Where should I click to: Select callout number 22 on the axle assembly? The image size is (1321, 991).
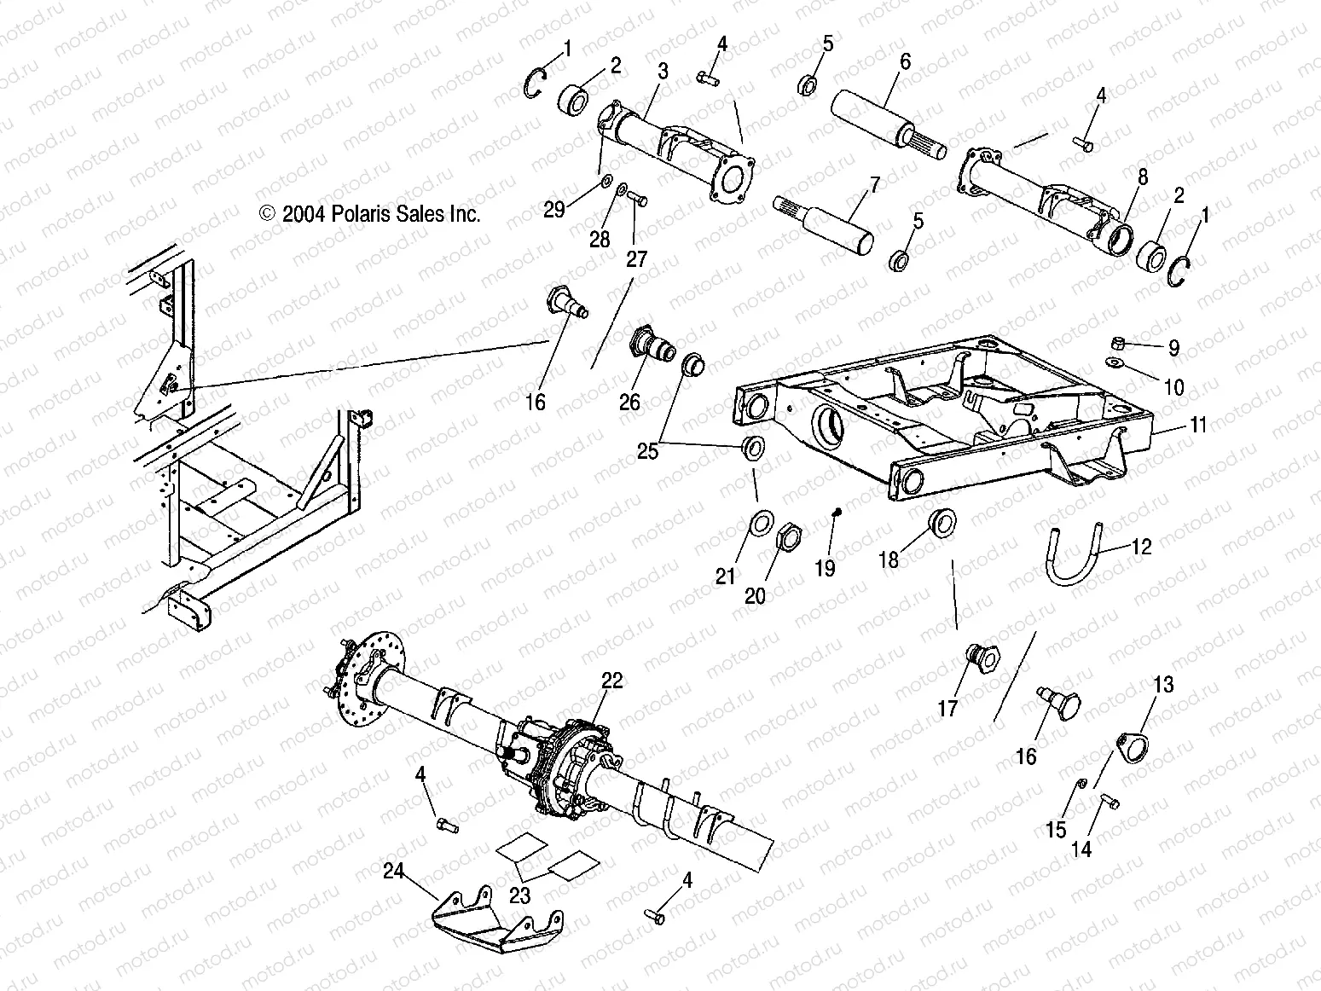pos(612,681)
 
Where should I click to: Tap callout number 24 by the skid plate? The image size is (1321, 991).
pos(392,872)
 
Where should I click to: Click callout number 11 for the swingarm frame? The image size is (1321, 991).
pos(1199,424)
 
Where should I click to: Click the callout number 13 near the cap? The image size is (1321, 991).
pos(1164,684)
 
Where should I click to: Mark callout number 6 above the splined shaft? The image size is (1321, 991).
pos(906,61)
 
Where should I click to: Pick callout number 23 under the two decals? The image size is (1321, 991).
pos(520,895)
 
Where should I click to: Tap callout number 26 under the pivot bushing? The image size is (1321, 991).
pos(629,401)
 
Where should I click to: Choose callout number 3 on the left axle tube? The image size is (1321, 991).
pos(663,72)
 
